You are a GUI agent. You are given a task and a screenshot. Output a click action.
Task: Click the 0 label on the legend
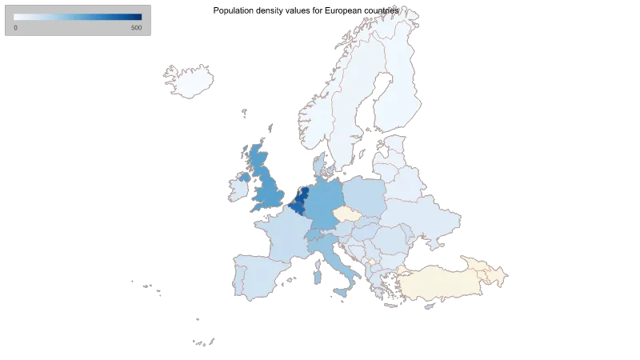[16, 29]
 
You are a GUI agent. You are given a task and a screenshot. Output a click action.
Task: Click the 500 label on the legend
[136, 29]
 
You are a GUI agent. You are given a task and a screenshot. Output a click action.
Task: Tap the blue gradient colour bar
[78, 17]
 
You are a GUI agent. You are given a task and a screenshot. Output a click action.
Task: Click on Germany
[324, 204]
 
